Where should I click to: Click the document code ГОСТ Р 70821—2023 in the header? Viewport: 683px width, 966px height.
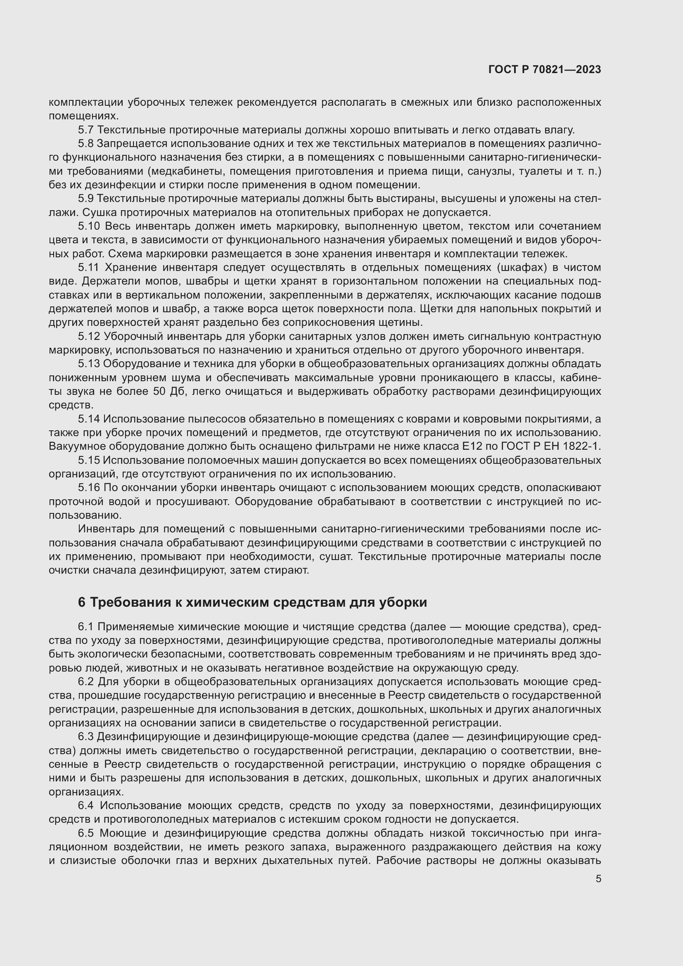coord(545,70)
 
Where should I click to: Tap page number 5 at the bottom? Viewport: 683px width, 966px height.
coord(598,879)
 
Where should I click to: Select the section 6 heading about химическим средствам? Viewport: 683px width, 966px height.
coord(252,603)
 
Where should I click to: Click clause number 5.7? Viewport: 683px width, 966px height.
coord(86,130)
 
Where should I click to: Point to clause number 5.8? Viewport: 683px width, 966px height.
coord(86,144)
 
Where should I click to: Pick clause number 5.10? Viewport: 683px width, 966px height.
coord(89,226)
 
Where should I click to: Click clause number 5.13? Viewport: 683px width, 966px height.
coord(89,363)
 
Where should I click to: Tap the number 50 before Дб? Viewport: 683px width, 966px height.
coord(157,391)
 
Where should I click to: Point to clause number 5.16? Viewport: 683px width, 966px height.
coord(89,488)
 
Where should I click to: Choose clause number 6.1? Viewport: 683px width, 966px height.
coord(86,627)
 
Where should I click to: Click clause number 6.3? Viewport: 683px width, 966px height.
coord(86,737)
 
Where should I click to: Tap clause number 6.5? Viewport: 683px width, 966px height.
coord(86,833)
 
